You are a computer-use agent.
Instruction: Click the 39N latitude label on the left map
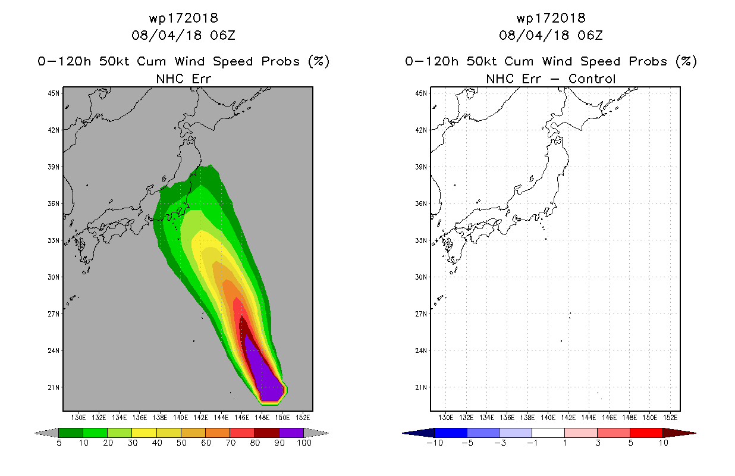tap(54, 167)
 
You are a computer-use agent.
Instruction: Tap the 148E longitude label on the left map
tap(262, 418)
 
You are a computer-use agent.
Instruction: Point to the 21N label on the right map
tap(421, 387)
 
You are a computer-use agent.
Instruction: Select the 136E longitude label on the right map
tap(507, 418)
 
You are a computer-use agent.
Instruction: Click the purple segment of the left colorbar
tap(291, 433)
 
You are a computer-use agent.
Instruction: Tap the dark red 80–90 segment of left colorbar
tap(267, 433)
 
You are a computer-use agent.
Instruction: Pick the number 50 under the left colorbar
tap(181, 443)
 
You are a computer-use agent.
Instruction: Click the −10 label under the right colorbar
tap(435, 443)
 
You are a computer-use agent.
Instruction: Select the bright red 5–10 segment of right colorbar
tap(646, 433)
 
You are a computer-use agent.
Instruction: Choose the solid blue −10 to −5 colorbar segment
tap(451, 433)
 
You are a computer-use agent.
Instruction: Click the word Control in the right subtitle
tap(592, 79)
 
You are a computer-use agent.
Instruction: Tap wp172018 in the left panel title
tap(184, 18)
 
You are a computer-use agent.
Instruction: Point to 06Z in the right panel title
tap(590, 35)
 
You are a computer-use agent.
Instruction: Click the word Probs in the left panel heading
tap(280, 61)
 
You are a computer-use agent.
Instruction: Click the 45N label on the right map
tap(421, 93)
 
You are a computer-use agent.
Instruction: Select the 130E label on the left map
tap(78, 418)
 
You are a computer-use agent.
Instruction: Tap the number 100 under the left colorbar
tap(304, 443)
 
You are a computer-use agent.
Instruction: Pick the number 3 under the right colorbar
tap(598, 443)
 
